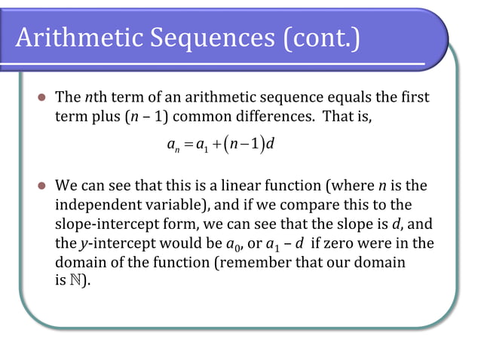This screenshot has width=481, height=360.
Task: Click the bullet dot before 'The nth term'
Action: (42, 98)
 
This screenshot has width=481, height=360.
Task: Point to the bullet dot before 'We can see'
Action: (42, 185)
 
